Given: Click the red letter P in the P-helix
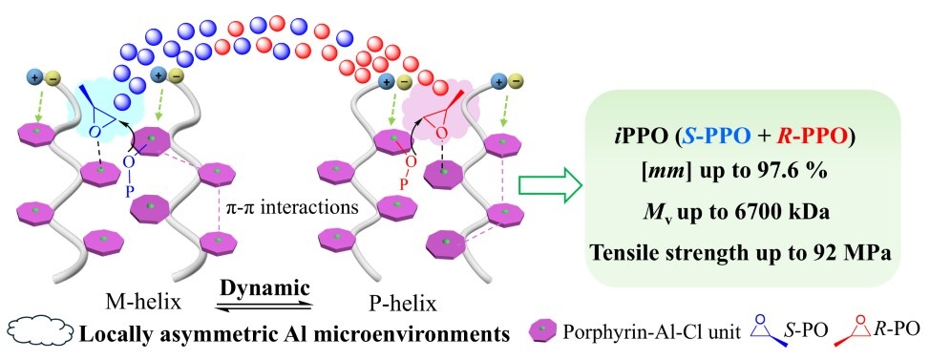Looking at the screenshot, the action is (403, 184).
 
